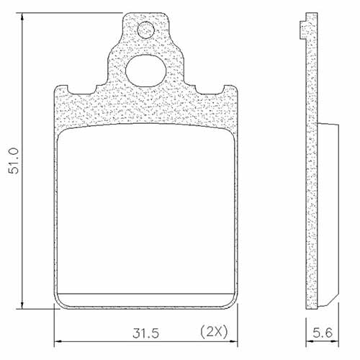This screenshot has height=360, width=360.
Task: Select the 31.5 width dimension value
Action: pyautogui.click(x=145, y=333)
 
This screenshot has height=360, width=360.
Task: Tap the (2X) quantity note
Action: pyautogui.click(x=213, y=333)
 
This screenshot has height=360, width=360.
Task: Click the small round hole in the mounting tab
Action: pyautogui.click(x=146, y=30)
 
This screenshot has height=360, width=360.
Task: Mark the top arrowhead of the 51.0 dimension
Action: pyautogui.click(x=23, y=16)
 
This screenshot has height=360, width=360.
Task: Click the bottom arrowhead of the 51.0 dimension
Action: pyautogui.click(x=23, y=305)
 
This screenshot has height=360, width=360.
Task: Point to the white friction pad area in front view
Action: pyautogui.click(x=146, y=209)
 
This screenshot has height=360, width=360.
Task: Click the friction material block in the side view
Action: pyautogui.click(x=328, y=209)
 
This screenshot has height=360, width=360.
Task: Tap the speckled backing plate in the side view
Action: pyautogui.click(x=312, y=180)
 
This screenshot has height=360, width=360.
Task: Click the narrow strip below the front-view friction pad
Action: pyautogui.click(x=146, y=300)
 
